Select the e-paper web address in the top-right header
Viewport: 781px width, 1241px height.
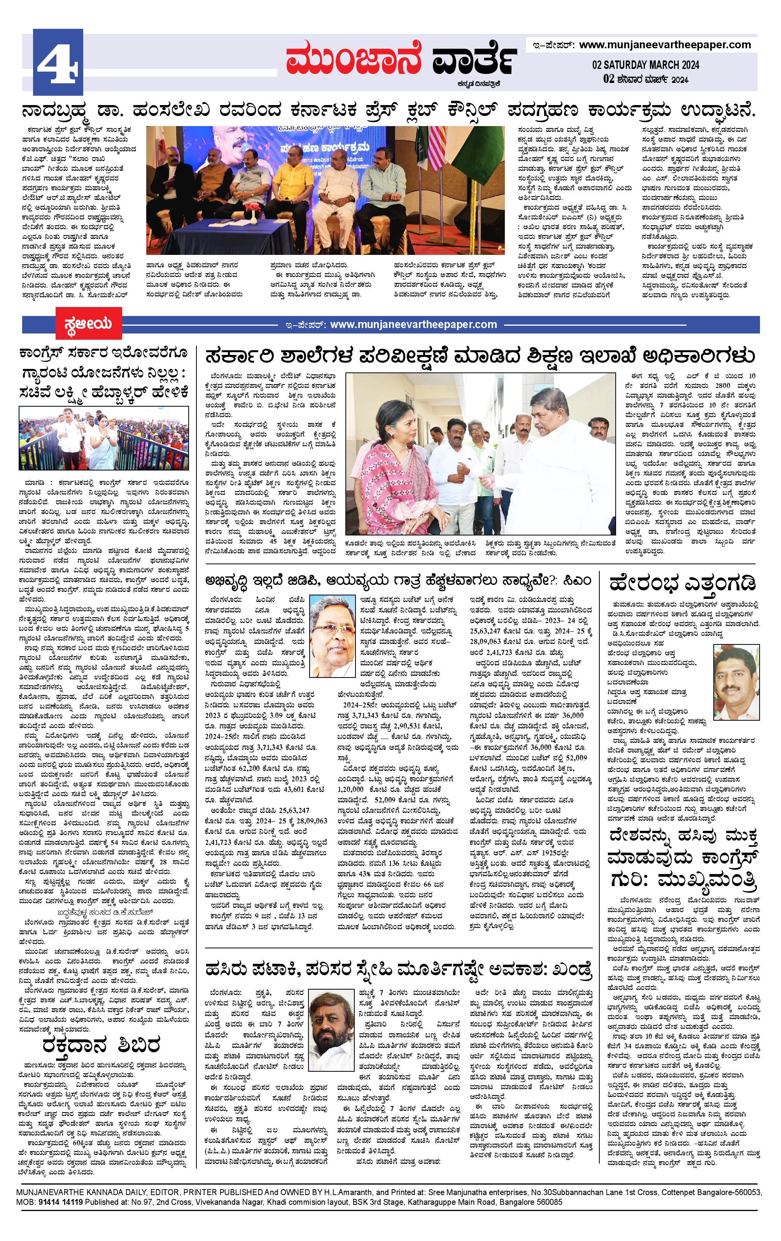pyautogui.click(x=665, y=45)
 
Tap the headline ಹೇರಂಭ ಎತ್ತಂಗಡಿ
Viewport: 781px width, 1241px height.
pyautogui.click(x=683, y=583)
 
